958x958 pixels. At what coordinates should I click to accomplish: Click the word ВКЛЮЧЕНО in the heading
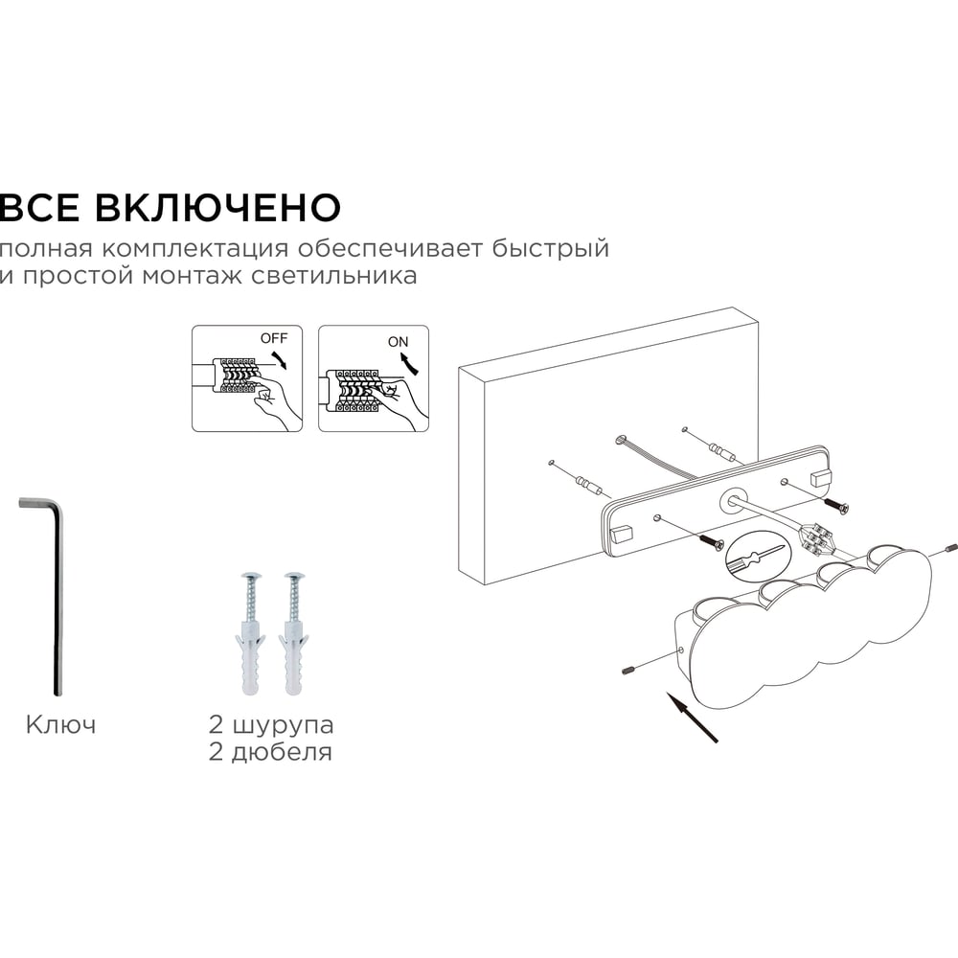[x=217, y=207]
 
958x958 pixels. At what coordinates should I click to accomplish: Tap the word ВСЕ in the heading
[x=39, y=207]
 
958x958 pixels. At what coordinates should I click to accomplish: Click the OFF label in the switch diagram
[x=274, y=338]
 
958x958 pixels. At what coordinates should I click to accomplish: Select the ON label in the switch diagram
[x=398, y=342]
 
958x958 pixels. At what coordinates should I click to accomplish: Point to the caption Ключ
[x=61, y=725]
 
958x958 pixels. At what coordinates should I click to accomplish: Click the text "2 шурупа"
[x=271, y=726]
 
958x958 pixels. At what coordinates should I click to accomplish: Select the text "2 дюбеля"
[x=270, y=752]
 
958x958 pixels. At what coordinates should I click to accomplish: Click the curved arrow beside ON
[x=412, y=364]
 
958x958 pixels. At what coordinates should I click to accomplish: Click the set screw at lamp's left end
[x=627, y=672]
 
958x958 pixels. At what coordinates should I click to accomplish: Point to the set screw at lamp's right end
[x=950, y=548]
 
